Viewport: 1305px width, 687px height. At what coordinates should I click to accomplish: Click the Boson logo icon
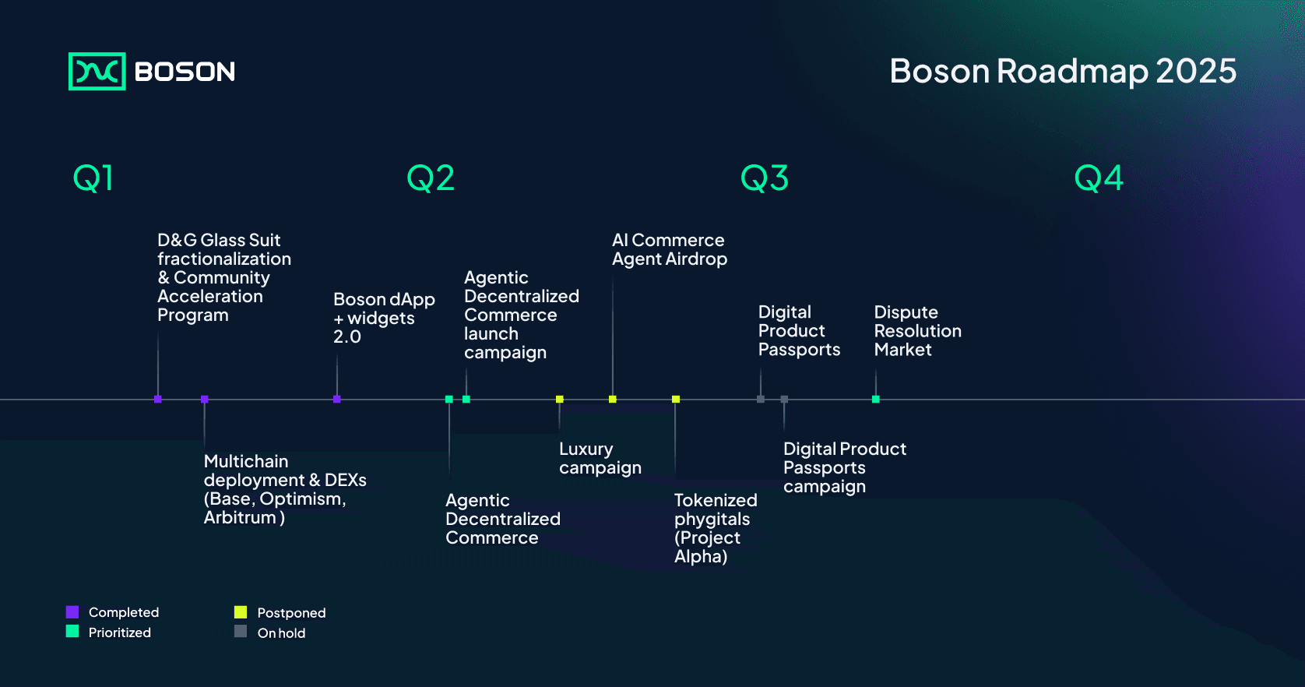(97, 72)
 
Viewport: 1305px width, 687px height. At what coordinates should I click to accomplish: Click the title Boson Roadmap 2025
(1063, 71)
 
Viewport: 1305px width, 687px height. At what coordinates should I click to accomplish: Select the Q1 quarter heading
(93, 178)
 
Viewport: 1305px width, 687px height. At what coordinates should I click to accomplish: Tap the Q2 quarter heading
(431, 178)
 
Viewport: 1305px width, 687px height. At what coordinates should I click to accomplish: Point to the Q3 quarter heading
(765, 178)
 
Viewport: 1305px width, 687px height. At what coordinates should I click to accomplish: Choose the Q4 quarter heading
(1099, 178)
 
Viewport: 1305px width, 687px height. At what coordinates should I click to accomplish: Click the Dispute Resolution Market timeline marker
(876, 399)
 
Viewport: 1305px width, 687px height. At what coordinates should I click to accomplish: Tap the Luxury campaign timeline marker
(559, 399)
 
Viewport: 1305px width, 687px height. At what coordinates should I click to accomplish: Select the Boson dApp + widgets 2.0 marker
(336, 399)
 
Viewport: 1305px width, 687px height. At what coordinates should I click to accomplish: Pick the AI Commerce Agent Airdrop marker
(612, 399)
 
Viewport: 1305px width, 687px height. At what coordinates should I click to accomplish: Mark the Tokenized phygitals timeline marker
(676, 399)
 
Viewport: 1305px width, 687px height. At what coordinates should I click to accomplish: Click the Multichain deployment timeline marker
(205, 399)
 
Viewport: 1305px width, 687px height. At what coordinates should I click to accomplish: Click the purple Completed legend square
(72, 611)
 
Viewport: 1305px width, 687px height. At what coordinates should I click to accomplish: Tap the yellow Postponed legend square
(241, 611)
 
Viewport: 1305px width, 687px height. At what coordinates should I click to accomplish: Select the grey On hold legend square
(241, 632)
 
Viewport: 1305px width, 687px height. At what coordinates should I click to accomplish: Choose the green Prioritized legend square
(72, 632)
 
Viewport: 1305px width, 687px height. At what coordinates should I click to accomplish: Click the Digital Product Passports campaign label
(845, 467)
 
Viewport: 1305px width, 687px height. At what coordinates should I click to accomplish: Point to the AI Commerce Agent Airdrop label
(670, 249)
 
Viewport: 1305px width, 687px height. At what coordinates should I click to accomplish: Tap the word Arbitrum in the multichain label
(240, 517)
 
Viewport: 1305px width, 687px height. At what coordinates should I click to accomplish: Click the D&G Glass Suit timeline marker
(158, 399)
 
